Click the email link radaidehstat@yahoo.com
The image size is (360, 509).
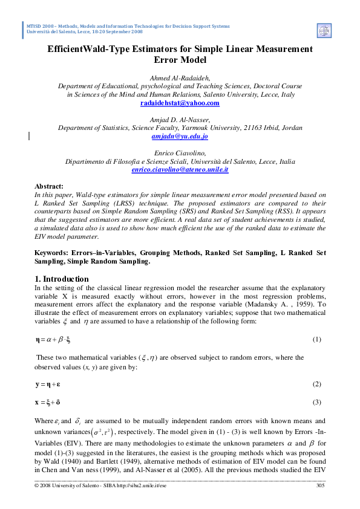[x=180, y=103]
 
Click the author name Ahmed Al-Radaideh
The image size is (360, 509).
[x=180, y=78]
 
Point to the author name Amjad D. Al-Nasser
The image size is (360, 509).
[x=180, y=120]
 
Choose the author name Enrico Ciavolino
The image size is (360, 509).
[x=180, y=154]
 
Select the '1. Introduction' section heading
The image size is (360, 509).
[x=61, y=279]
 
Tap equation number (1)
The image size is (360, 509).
[x=316, y=340]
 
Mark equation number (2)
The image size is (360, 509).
[x=316, y=384]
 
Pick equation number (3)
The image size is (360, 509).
[x=316, y=402]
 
